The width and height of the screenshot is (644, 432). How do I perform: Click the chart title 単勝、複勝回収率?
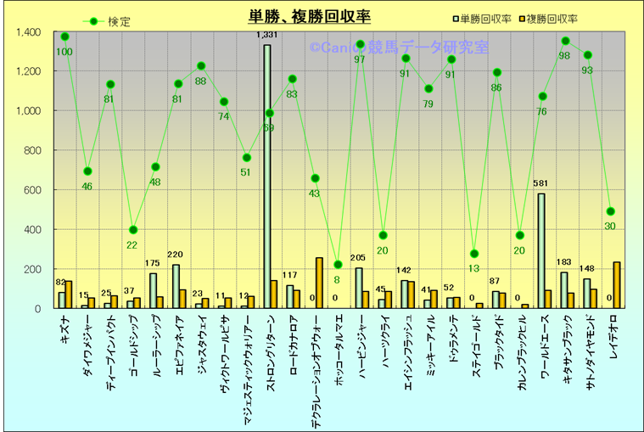(x=309, y=16)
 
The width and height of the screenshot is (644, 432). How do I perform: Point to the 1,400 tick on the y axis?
(x=28, y=32)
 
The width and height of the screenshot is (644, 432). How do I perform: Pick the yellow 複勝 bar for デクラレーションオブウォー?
(x=319, y=283)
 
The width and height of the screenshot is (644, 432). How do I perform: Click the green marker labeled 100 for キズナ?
(x=65, y=36)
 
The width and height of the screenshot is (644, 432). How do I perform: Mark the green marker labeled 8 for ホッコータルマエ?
(x=338, y=265)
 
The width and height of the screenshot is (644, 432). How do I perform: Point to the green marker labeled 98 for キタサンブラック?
(x=565, y=41)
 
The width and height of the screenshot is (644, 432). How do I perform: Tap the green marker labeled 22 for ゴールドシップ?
(x=133, y=230)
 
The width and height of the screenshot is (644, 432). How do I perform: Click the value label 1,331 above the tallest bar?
(x=267, y=36)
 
